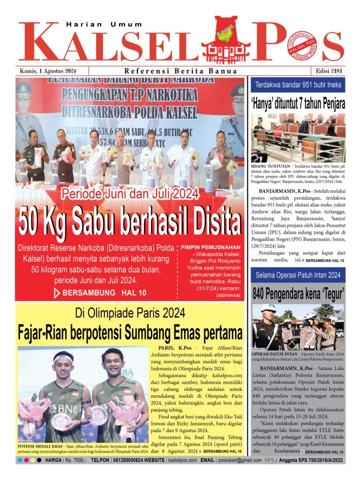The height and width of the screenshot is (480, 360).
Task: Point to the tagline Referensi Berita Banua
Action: click(181, 71)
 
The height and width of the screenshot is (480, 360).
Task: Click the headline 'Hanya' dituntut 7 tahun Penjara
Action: click(298, 103)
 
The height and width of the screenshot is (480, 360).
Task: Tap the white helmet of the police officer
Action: click(268, 309)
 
